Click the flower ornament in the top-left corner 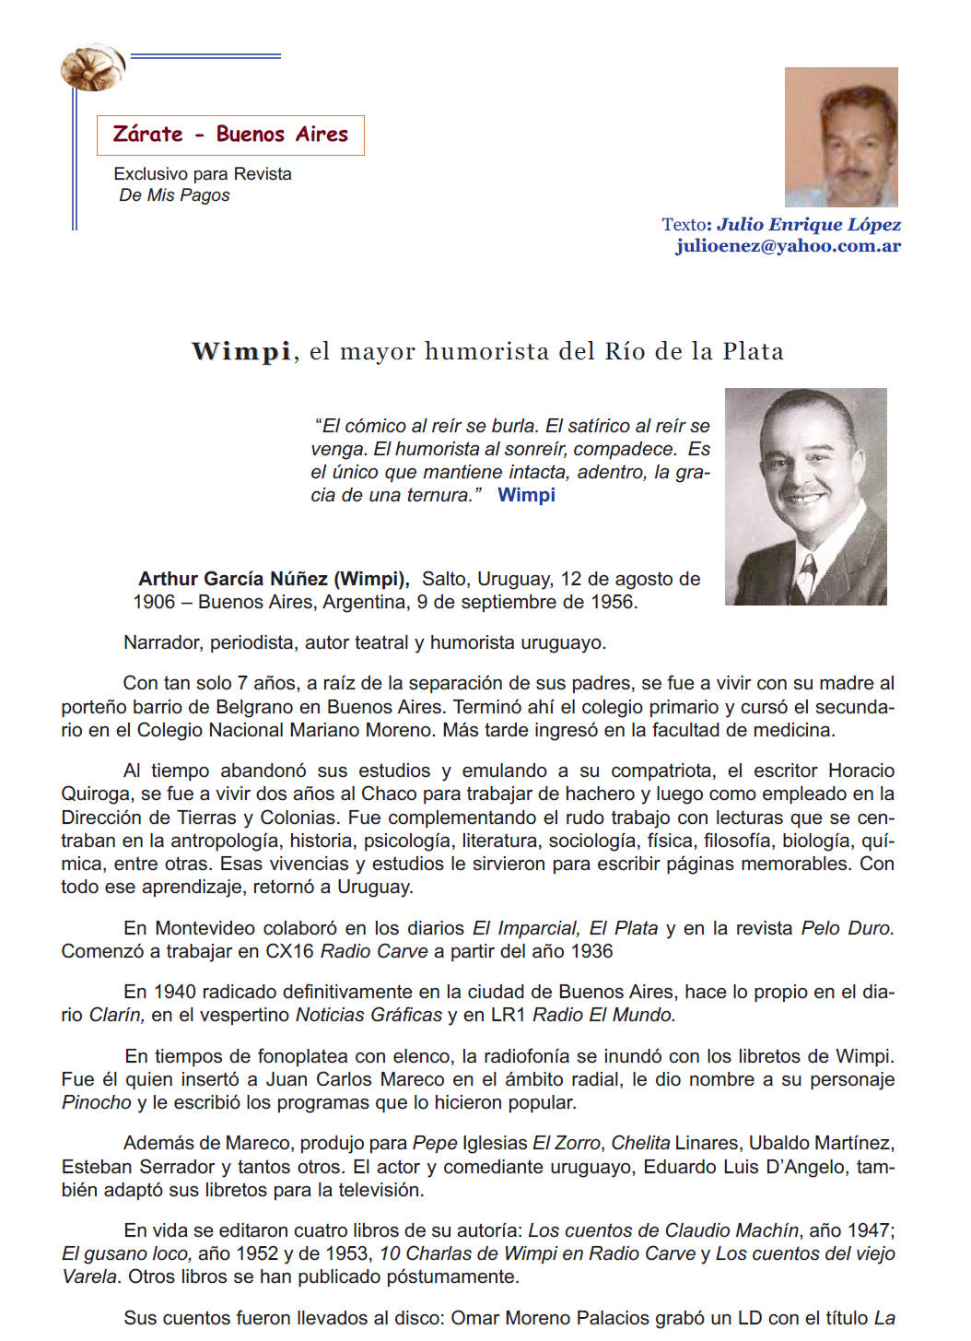[92, 66]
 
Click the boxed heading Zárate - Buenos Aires [230, 135]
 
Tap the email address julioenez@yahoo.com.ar [788, 246]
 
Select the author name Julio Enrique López [808, 224]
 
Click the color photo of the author [841, 136]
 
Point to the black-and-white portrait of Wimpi [805, 496]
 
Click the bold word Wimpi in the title [241, 351]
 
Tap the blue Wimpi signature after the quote [526, 495]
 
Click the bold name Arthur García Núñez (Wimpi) [274, 579]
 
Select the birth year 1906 [154, 602]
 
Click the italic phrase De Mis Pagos [174, 195]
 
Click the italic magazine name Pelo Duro [847, 928]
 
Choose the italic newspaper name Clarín [116, 1015]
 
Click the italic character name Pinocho [96, 1102]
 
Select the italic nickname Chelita [640, 1143]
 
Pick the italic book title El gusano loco [126, 1253]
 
